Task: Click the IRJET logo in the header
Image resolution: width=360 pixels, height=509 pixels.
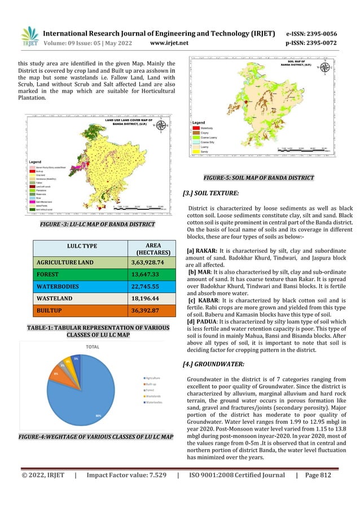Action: click(29, 37)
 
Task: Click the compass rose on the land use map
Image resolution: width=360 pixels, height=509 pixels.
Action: click(161, 126)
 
